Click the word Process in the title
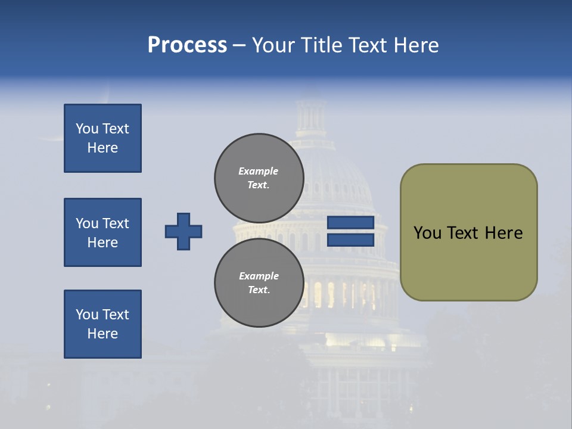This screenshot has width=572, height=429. [187, 45]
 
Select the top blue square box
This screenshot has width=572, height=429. [102, 138]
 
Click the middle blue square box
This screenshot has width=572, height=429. [102, 232]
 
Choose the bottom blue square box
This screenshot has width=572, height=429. [102, 324]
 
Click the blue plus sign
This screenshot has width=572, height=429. [184, 231]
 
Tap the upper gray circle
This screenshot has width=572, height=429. [259, 178]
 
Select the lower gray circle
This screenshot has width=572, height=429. [259, 283]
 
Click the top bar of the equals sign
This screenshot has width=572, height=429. [351, 223]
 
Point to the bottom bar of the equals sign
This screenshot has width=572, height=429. [351, 240]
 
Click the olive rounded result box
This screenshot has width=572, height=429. [468, 232]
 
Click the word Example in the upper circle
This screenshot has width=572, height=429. [258, 171]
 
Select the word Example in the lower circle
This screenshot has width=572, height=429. [259, 276]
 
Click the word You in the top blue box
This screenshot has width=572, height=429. [86, 129]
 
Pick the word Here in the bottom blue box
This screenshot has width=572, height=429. [102, 334]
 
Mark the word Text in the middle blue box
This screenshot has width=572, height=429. [116, 223]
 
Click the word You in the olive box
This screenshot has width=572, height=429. [427, 233]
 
